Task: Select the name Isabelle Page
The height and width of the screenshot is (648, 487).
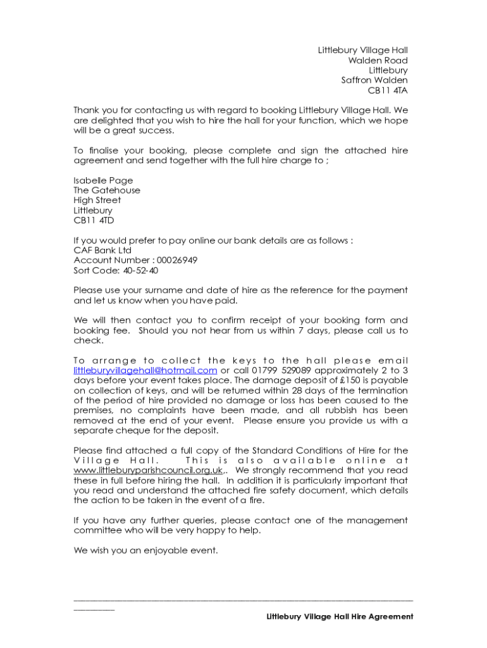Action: pyautogui.click(x=103, y=180)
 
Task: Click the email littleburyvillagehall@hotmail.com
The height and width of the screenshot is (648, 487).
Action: pyautogui.click(x=145, y=370)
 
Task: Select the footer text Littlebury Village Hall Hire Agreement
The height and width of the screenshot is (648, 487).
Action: pyautogui.click(x=340, y=616)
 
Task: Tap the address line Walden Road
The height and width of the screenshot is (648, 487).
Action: pyautogui.click(x=378, y=60)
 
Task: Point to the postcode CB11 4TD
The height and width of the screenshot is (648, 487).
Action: pyautogui.click(x=94, y=220)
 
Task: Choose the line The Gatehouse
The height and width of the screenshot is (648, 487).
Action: pyautogui.click(x=107, y=190)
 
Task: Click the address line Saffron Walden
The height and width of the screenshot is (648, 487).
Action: pyautogui.click(x=374, y=80)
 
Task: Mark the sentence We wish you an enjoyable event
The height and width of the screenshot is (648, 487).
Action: pyautogui.click(x=145, y=551)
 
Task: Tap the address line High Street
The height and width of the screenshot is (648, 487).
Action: pyautogui.click(x=97, y=200)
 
